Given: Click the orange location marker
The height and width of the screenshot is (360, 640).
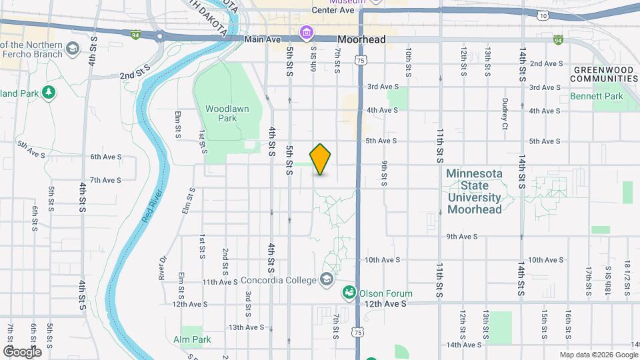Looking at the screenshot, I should pos(321,159).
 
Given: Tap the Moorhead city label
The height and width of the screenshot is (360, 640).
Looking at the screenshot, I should pos(361,40).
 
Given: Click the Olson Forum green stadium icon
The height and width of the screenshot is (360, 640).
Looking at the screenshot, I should pos(349,292).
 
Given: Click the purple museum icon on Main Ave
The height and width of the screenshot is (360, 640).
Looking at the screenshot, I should pos(307,31).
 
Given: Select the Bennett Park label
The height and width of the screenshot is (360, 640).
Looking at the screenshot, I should pos(596,97).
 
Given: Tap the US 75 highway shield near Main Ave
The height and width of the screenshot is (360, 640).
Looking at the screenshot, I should pos(361,60).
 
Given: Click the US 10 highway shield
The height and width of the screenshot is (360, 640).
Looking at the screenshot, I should pos(544,15).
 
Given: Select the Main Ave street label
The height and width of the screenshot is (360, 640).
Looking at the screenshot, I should pos(262,39).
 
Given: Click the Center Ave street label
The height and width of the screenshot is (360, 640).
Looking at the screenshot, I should pos(332,11).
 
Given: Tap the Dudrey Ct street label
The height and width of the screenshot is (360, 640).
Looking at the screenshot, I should pos(505,114).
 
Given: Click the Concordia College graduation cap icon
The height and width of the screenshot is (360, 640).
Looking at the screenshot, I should pos(327,279).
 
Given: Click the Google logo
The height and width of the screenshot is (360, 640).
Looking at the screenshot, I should pos(22,351).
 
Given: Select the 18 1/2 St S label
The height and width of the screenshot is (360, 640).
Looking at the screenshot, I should pos(627,278).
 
